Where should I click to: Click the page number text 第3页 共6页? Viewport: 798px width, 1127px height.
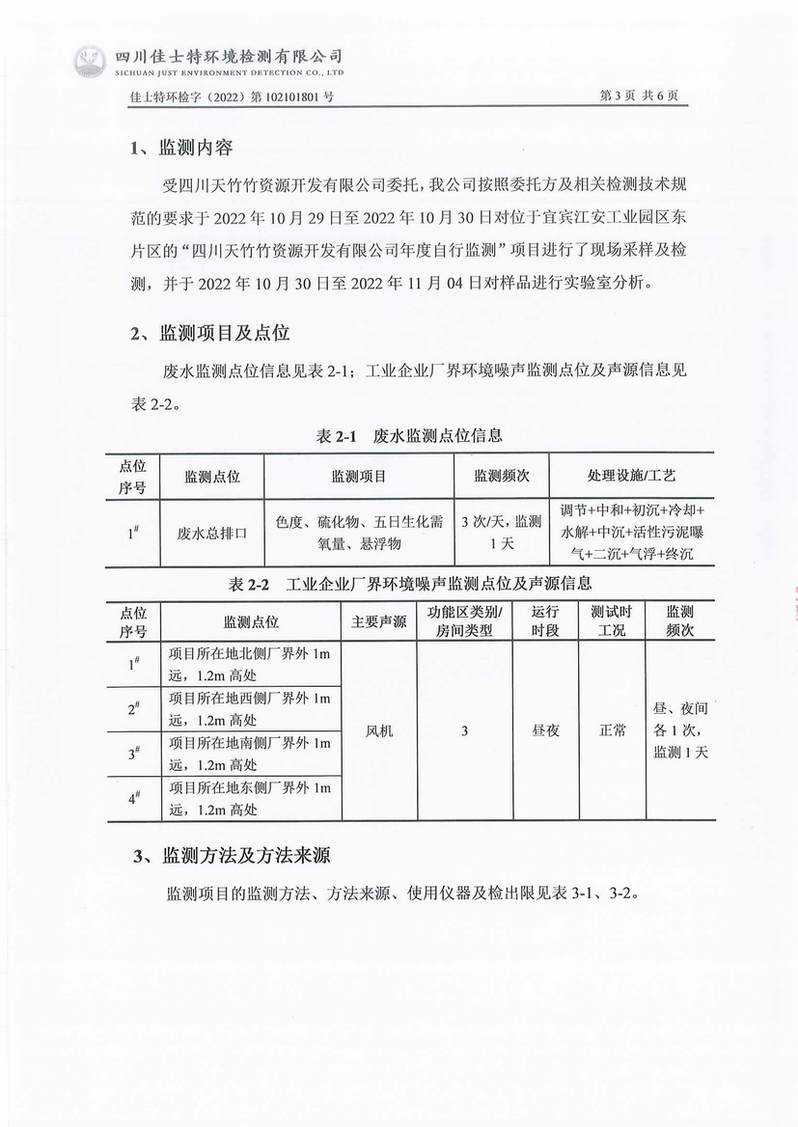[639, 96]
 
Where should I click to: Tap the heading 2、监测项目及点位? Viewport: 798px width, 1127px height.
[209, 334]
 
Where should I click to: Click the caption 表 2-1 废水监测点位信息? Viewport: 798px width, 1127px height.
[409, 436]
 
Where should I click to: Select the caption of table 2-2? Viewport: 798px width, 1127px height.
[410, 584]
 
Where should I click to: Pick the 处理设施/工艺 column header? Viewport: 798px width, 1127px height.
[632, 476]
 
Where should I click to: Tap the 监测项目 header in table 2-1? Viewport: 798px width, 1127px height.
[359, 476]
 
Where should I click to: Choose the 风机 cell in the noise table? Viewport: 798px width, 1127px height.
[379, 730]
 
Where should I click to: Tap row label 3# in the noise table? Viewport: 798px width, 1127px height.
[134, 754]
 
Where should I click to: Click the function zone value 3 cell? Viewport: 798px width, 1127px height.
[464, 730]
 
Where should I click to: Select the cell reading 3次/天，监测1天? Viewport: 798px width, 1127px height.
[502, 532]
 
